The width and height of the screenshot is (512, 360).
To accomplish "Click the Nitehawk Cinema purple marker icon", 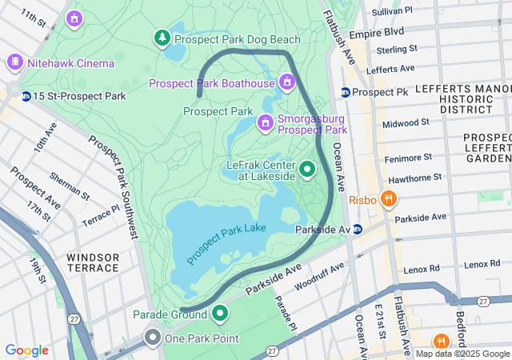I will click(x=14, y=62).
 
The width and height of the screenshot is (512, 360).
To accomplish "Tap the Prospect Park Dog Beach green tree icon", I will click(x=162, y=38).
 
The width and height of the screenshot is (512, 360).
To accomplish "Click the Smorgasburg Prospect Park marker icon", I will click(x=265, y=122).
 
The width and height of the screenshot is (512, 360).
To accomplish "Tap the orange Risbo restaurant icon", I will click(x=389, y=198).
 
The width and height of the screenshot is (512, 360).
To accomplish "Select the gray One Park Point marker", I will click(x=152, y=338).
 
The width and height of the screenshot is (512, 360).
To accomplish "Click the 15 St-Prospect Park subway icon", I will click(x=26, y=96).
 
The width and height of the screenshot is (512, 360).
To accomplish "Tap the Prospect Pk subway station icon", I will click(x=345, y=92).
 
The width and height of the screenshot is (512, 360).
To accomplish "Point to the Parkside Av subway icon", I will click(x=358, y=229).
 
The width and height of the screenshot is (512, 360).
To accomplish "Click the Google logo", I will click(x=26, y=350).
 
